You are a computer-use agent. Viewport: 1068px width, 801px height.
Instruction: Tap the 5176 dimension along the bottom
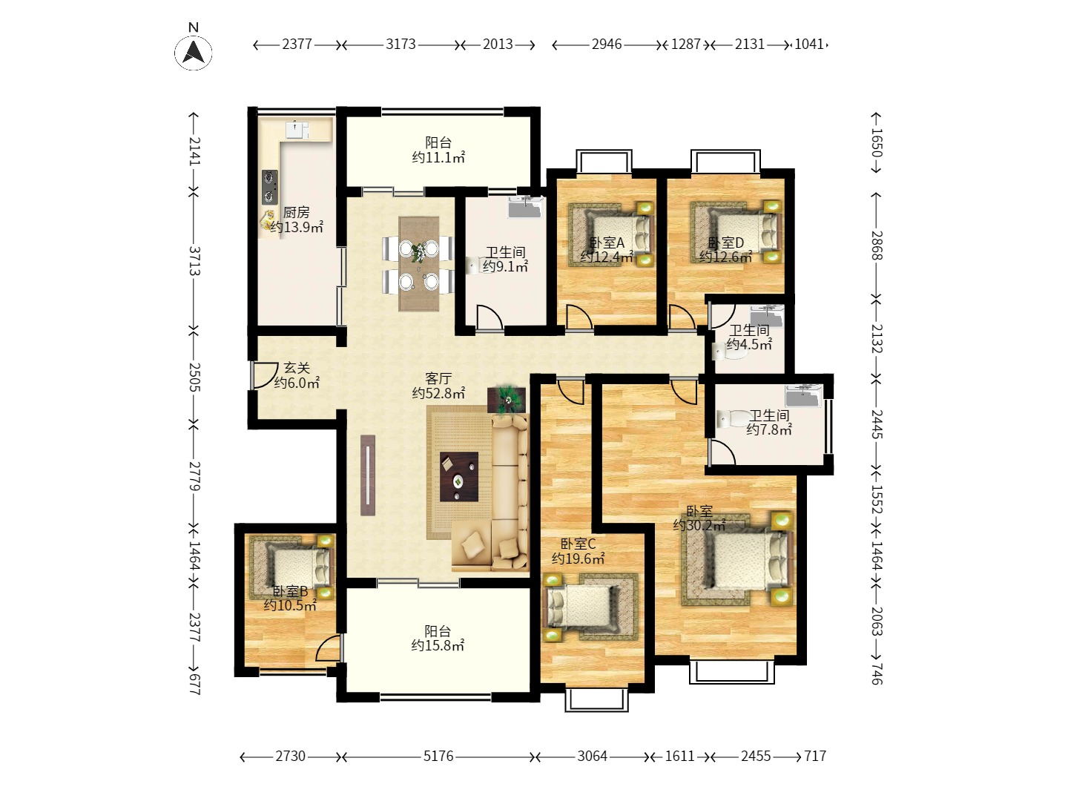[438, 756]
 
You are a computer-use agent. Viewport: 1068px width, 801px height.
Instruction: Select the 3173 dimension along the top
[400, 44]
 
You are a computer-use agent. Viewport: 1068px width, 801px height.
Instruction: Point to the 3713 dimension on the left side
[194, 260]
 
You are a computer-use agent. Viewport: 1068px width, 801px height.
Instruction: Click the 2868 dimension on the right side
[877, 245]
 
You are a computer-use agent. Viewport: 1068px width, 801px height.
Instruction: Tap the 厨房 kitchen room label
[297, 213]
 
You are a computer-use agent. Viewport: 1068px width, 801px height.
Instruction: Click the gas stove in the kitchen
[269, 187]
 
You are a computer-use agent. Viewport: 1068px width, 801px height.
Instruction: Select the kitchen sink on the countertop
[297, 129]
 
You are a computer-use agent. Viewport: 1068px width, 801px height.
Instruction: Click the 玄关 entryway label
[297, 368]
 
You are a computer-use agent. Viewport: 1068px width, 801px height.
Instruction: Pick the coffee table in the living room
[459, 477]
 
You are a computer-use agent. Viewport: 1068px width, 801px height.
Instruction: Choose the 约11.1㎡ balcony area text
[438, 157]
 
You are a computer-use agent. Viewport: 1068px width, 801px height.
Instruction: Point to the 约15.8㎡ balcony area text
[438, 645]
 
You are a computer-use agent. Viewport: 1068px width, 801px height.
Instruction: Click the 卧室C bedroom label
[578, 544]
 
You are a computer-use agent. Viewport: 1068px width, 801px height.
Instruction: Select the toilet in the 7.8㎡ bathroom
[732, 419]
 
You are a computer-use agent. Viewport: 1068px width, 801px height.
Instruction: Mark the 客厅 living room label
[438, 378]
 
